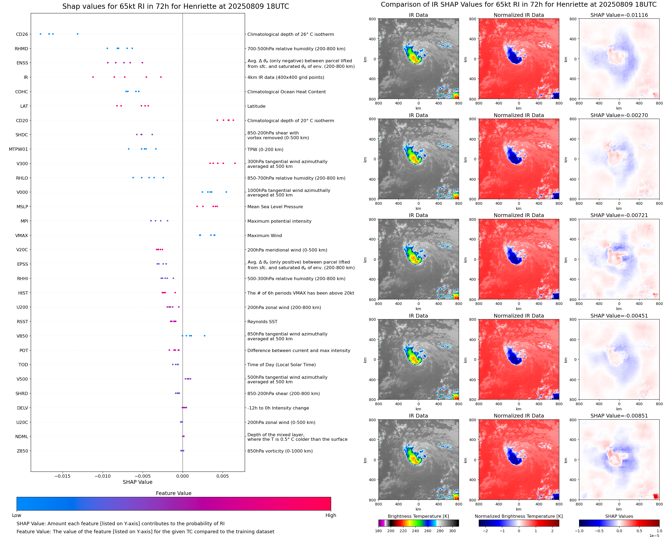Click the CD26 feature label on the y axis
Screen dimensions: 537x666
[x=22, y=34]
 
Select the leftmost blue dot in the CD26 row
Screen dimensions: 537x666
[x=41, y=34]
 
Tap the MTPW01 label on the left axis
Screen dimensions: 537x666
[x=18, y=149]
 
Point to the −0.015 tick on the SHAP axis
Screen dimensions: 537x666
[x=62, y=476]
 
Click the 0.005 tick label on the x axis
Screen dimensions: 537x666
[x=222, y=476]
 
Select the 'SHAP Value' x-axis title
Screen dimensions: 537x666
[x=137, y=482]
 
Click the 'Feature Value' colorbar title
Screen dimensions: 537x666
[x=173, y=493]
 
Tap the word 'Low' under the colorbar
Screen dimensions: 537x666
[x=16, y=515]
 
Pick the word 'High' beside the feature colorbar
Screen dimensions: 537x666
[x=331, y=515]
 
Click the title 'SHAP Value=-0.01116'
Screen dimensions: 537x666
[x=619, y=15]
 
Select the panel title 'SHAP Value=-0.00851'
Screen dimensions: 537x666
[x=619, y=416]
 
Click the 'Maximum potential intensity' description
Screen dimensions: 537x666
[x=279, y=221]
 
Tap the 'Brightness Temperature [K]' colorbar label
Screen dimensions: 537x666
[x=418, y=516]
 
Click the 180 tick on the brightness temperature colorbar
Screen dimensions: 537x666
[x=378, y=531]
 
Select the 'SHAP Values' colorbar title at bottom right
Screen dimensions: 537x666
[x=619, y=516]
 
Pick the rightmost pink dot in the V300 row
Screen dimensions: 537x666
[x=235, y=163]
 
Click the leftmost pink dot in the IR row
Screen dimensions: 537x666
[x=93, y=77]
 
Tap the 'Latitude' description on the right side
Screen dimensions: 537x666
[x=256, y=106]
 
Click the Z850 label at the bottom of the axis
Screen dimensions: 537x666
[x=22, y=451]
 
